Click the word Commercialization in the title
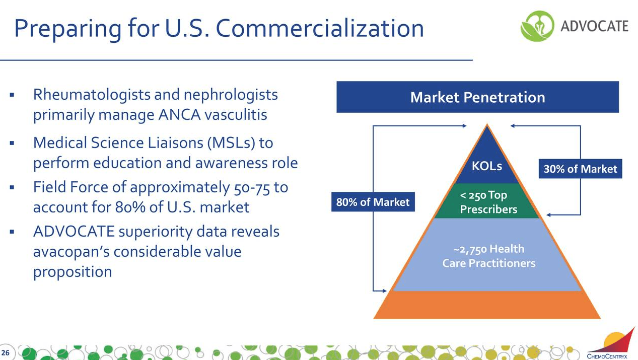click(x=320, y=29)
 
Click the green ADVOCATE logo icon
click(x=536, y=26)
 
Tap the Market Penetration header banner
click(x=477, y=97)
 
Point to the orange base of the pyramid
click(x=487, y=305)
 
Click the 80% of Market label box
click(x=373, y=202)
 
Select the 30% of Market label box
click(x=581, y=169)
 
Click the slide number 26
click(x=7, y=350)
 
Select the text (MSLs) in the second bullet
click(x=229, y=143)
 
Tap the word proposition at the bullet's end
click(x=72, y=272)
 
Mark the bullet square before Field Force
click(x=12, y=188)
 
